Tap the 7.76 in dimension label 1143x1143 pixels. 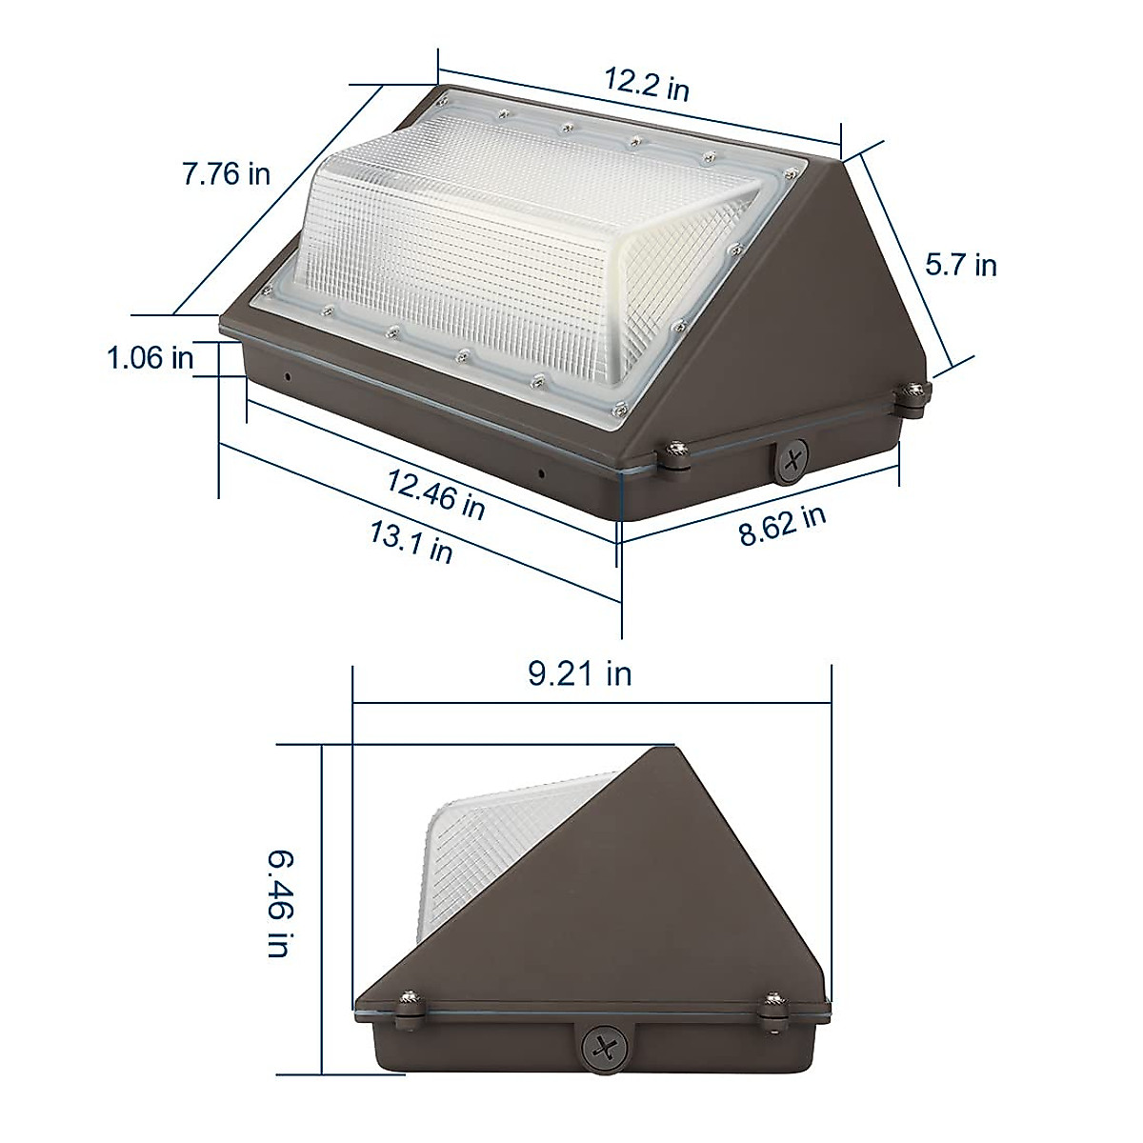[227, 174]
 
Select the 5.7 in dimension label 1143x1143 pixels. [961, 264]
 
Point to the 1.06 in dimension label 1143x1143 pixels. [150, 358]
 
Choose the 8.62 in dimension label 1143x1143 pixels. [782, 525]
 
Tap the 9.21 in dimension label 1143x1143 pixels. [580, 674]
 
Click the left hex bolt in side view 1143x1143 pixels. [410, 1002]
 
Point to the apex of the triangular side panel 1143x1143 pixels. [658, 750]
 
